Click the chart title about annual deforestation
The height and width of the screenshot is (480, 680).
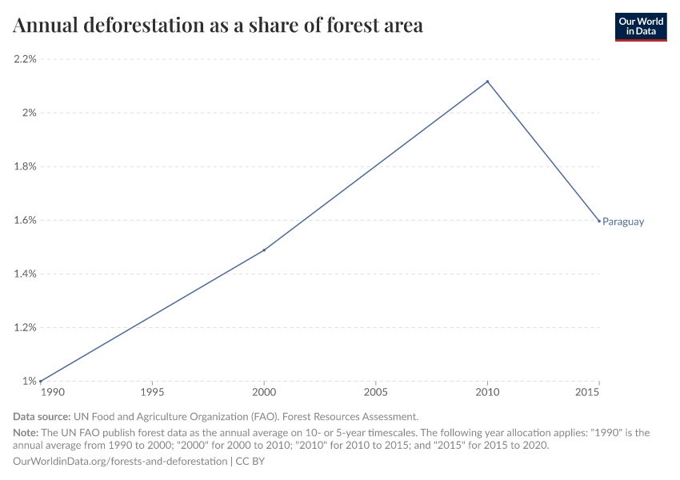(218, 26)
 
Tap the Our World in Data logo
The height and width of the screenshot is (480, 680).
(640, 26)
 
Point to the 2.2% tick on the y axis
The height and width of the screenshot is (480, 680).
(24, 59)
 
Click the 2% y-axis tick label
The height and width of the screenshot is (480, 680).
(30, 113)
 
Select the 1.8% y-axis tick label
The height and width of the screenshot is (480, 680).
(24, 166)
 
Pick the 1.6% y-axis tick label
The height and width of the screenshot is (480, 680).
(24, 220)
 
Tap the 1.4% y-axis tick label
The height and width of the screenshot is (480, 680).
(24, 274)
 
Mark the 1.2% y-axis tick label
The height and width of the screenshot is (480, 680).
(24, 327)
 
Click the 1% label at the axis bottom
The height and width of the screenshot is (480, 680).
(30, 381)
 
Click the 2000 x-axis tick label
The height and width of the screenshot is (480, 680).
(264, 394)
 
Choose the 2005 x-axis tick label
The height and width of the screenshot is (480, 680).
(376, 394)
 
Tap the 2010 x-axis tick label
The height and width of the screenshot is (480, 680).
(488, 394)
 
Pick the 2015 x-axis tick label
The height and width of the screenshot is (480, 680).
(588, 394)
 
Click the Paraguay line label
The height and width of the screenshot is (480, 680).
(623, 222)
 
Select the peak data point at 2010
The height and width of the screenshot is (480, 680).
(488, 82)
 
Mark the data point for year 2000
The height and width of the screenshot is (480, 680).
(264, 250)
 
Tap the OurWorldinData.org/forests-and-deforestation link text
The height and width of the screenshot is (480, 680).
(120, 462)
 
